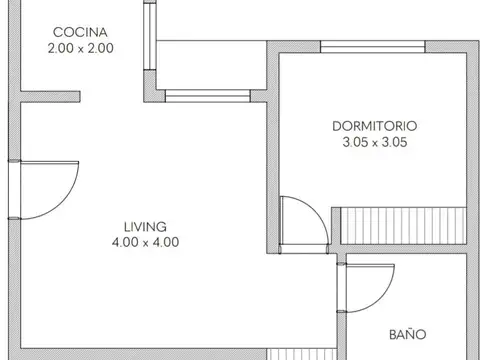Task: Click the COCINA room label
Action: [82, 31]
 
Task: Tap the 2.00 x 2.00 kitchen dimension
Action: [82, 46]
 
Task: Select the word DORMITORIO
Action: [375, 127]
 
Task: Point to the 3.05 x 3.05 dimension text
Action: [375, 142]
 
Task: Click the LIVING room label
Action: [146, 226]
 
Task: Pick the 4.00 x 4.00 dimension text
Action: [146, 241]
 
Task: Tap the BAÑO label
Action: [406, 335]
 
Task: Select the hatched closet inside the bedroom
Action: [405, 221]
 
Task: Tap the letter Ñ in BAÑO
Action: [411, 335]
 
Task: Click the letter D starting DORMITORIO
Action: [336, 127]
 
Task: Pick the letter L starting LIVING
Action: [127, 226]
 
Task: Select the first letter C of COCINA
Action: [59, 31]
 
